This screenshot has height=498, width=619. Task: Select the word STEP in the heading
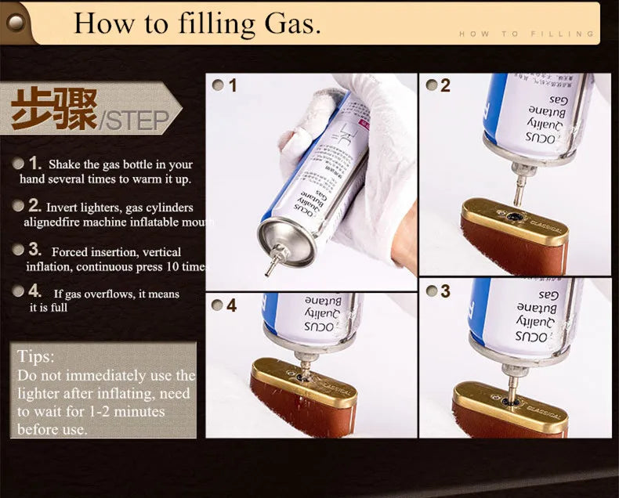136,121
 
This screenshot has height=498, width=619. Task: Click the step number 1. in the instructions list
34,163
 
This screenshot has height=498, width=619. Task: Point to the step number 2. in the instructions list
34,206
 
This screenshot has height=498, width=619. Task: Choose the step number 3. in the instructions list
34,250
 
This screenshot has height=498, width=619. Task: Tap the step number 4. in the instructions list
34,291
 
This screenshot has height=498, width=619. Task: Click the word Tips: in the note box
36,356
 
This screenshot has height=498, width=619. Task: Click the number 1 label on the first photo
233,85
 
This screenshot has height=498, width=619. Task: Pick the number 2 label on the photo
445,85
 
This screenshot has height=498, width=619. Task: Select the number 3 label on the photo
445,291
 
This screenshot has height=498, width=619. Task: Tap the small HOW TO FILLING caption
527,34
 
